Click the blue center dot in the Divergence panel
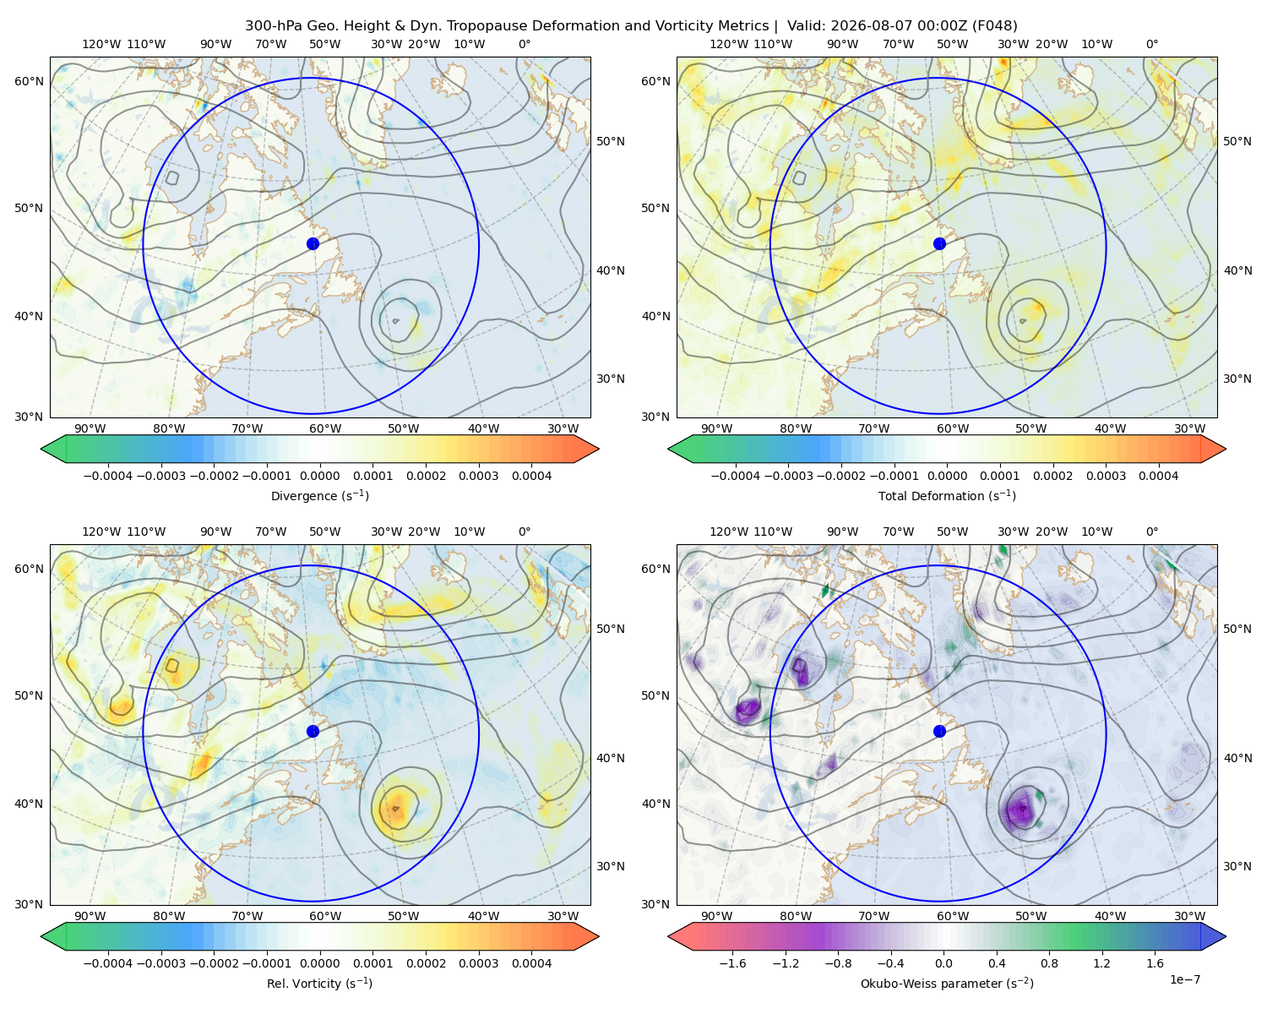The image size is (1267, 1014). pyautogui.click(x=313, y=243)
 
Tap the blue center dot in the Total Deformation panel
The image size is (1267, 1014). pyautogui.click(x=939, y=243)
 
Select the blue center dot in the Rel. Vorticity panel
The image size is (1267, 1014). pyautogui.click(x=313, y=731)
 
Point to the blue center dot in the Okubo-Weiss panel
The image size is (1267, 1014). pyautogui.click(x=939, y=731)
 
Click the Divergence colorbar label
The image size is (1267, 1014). pyautogui.click(x=319, y=495)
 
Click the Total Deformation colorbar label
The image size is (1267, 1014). pyautogui.click(x=947, y=495)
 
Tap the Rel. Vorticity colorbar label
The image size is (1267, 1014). pyautogui.click(x=319, y=983)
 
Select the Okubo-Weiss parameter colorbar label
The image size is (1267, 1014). pyautogui.click(x=947, y=983)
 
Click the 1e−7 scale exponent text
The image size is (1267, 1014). pyautogui.click(x=1184, y=979)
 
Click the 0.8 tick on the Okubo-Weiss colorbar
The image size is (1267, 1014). pyautogui.click(x=1049, y=962)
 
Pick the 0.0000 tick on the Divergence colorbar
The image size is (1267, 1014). pyautogui.click(x=319, y=476)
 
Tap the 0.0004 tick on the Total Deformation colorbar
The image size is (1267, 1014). pyautogui.click(x=1159, y=476)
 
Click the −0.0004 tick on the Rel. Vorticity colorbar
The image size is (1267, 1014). pyautogui.click(x=108, y=962)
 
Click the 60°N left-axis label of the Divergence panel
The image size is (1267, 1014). pyautogui.click(x=29, y=81)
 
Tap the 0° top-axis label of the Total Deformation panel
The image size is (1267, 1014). pyautogui.click(x=1151, y=44)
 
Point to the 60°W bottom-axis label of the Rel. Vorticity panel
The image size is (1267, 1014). pyautogui.click(x=325, y=916)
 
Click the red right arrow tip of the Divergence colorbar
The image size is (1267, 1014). pyautogui.click(x=598, y=449)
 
